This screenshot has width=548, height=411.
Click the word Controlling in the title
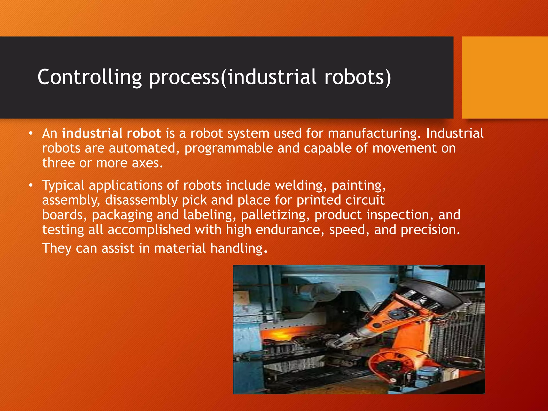pos(89,77)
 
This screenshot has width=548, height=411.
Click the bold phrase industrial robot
pos(112,133)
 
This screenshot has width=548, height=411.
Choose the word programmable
pos(229,148)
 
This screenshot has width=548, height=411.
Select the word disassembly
pos(141,200)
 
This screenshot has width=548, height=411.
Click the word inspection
pos(400,215)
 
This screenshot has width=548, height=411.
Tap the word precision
pos(430,230)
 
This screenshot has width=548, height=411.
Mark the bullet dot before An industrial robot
pos(31,133)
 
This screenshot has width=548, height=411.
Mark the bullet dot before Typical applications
pos(31,185)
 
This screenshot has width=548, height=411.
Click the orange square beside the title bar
pos(505,77)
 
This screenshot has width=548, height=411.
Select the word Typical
pos(63,185)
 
